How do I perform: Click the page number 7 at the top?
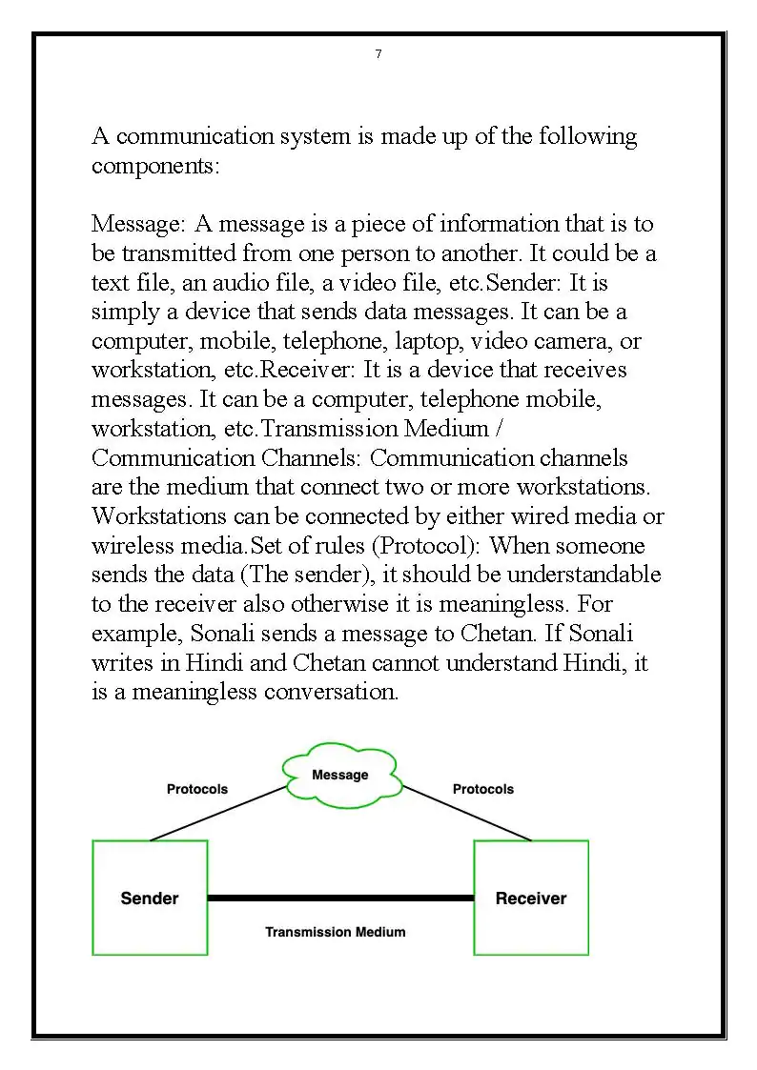point(378,54)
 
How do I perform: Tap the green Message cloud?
point(340,776)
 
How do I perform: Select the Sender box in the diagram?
point(150,898)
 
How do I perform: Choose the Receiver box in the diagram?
point(531,898)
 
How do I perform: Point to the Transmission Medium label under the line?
point(335,932)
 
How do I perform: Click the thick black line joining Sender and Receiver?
point(340,898)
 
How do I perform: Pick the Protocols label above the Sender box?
point(197,789)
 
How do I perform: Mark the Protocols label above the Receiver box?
point(482,789)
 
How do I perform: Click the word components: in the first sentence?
point(156,166)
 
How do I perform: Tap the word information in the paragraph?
point(485,224)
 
